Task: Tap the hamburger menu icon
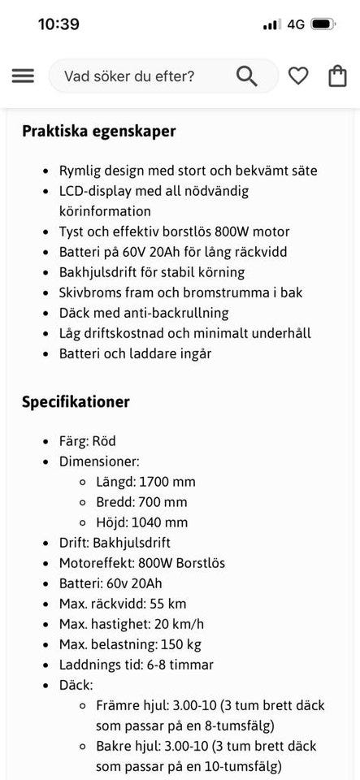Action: (x=23, y=76)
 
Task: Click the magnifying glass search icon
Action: (x=247, y=76)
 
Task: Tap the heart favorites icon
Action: (x=298, y=76)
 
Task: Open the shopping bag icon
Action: (x=337, y=76)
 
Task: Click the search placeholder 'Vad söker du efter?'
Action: (x=129, y=76)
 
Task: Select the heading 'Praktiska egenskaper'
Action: (x=99, y=131)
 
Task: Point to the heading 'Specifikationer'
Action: (x=76, y=401)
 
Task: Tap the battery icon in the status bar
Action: (x=323, y=24)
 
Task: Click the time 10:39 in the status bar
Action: (x=59, y=24)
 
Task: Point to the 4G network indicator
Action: (x=296, y=24)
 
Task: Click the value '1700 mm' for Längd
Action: (x=167, y=482)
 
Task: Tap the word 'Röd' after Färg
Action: (x=104, y=441)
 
